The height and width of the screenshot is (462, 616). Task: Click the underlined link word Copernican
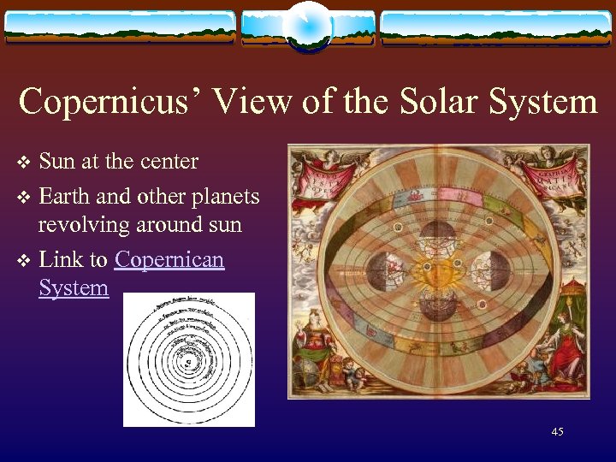(x=169, y=259)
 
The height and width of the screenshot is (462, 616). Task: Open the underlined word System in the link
(x=74, y=287)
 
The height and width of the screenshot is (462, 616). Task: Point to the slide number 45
(x=557, y=432)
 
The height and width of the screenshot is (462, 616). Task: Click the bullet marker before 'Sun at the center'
(x=24, y=163)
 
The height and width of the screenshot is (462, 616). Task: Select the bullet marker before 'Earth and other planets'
(x=24, y=198)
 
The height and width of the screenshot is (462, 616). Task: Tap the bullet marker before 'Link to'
(x=24, y=260)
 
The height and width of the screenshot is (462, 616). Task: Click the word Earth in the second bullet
(x=68, y=197)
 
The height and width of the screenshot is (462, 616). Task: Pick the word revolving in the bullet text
(x=79, y=225)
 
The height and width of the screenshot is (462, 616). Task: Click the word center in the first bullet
(x=169, y=162)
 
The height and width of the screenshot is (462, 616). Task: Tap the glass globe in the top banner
(x=307, y=26)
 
